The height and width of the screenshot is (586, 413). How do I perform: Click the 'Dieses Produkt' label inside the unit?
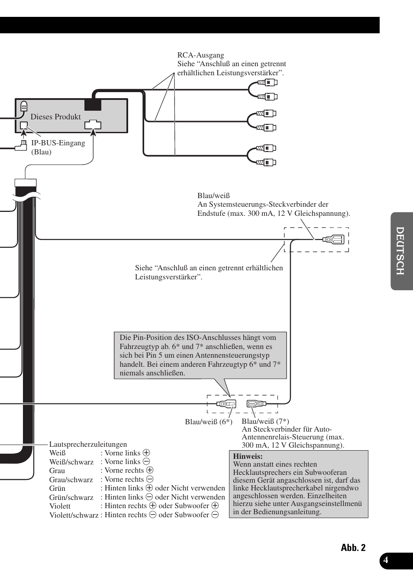pos(55,117)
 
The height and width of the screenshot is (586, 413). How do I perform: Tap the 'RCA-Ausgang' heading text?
pos(200,55)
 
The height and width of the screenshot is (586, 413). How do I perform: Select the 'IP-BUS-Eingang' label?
pos(58,143)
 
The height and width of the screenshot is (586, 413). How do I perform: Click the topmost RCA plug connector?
pos(268,82)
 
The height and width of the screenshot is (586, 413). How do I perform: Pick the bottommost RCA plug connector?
pos(267,163)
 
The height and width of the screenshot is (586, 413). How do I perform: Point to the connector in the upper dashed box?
pos(334,239)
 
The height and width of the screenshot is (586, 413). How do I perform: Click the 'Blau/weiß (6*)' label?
pos(208,422)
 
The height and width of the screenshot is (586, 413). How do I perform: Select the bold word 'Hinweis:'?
pos(248,456)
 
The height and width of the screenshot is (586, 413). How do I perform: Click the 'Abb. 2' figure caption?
pos(353,548)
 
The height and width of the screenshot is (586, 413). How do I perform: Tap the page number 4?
pos(386,560)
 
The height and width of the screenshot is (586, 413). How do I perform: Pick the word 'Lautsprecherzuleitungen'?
pos(88,444)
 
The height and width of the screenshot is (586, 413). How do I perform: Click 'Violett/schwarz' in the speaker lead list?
pos(74,515)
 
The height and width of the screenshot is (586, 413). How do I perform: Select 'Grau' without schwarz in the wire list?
pos(57,471)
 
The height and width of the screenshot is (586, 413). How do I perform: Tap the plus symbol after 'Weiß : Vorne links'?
pos(146,453)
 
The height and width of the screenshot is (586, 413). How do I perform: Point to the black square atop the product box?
pos(93,104)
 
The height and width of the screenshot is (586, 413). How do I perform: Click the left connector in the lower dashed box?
pos(226,404)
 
